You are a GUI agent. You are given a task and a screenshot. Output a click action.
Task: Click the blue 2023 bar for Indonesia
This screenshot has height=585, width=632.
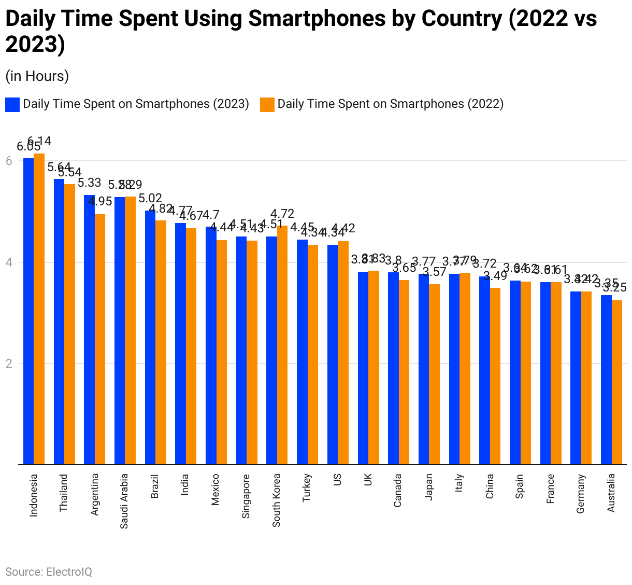(28, 311)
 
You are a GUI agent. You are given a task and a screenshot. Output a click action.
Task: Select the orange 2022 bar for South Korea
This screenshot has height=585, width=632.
(282, 345)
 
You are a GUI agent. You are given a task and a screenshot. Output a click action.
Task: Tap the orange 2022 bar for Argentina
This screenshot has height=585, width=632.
(100, 339)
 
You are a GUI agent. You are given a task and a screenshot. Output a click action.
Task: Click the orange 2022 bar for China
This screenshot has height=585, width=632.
(495, 376)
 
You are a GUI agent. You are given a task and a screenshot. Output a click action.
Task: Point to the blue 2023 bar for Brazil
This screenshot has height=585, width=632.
(150, 337)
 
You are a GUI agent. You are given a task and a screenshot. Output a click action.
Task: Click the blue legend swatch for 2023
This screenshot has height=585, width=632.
(12, 104)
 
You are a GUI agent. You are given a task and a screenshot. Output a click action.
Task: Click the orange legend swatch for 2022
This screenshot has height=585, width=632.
(267, 104)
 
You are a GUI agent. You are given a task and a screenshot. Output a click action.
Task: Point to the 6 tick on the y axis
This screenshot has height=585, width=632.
(9, 161)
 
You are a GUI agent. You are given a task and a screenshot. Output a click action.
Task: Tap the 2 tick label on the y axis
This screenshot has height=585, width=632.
(9, 364)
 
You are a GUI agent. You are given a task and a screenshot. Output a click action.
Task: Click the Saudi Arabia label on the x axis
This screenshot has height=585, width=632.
(124, 501)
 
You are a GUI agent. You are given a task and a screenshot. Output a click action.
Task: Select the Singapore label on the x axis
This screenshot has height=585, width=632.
(246, 496)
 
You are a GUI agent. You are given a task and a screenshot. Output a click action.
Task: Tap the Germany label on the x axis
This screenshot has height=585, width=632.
(581, 494)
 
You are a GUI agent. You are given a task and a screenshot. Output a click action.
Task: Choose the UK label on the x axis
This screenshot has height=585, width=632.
(368, 480)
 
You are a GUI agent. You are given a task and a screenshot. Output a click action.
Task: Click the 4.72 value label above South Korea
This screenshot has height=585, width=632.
(282, 214)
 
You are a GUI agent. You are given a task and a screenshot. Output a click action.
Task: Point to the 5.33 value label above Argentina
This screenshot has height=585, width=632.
(89, 183)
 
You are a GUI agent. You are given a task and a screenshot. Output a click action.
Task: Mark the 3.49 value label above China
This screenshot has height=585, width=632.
(495, 276)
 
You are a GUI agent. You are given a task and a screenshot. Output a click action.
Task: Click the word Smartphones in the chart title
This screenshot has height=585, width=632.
(316, 19)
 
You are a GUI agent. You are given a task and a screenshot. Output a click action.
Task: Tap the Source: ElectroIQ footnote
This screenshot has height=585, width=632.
(49, 572)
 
